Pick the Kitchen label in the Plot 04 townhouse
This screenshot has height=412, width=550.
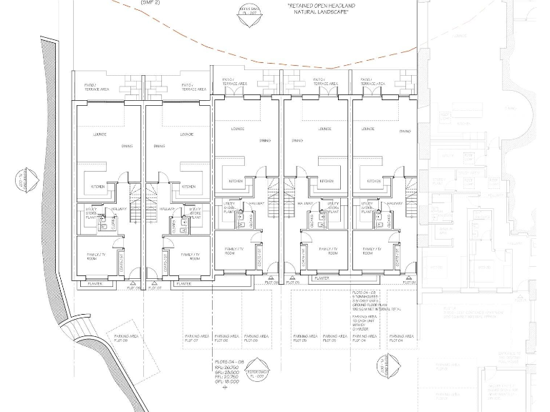373,182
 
